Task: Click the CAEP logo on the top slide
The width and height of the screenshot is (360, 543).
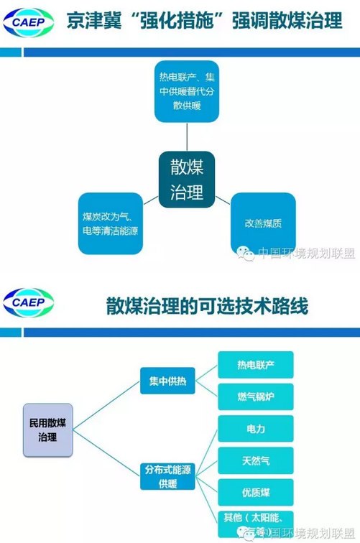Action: (x=29, y=22)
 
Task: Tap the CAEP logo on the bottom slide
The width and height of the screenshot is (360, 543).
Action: (x=29, y=302)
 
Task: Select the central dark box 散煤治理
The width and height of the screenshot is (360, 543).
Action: (x=187, y=180)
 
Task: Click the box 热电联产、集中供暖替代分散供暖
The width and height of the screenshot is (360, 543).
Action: (x=187, y=91)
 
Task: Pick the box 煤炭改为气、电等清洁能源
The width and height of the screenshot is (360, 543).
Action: (x=111, y=223)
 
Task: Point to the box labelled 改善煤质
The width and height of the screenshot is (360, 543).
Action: (x=263, y=223)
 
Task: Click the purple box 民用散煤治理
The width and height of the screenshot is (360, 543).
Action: (x=48, y=430)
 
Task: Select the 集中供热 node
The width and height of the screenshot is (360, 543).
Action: (x=167, y=381)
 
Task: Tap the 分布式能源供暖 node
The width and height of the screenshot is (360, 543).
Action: (x=167, y=476)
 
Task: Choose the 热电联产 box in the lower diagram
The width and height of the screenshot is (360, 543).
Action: (x=256, y=365)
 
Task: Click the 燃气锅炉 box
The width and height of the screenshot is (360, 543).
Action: (x=256, y=396)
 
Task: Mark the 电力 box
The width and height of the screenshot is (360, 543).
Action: (x=256, y=429)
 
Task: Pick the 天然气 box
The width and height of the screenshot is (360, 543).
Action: (x=256, y=460)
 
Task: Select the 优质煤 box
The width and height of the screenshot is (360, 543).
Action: (x=256, y=493)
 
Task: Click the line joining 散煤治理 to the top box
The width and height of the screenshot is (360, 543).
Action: (x=187, y=136)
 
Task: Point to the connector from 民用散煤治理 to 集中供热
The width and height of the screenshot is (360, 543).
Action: (x=106, y=406)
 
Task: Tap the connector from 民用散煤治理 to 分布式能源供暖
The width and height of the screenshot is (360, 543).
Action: (x=106, y=453)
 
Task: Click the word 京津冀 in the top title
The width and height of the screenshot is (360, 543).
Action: (x=94, y=21)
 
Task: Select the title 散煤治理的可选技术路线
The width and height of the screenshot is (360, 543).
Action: (x=207, y=306)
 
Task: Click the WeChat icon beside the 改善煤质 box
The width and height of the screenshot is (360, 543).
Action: (x=245, y=254)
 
